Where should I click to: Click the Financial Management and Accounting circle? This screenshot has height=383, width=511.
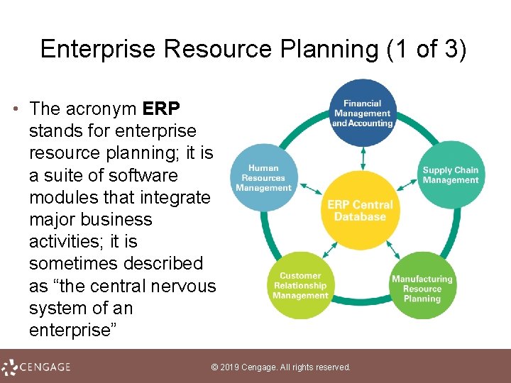pyautogui.click(x=363, y=113)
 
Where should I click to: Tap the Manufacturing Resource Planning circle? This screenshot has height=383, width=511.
pyautogui.click(x=422, y=286)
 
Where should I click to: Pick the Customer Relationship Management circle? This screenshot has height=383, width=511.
pyautogui.click(x=300, y=285)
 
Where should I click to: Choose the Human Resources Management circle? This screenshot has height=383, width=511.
pyautogui.click(x=263, y=178)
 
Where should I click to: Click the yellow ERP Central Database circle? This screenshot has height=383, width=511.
pyautogui.click(x=360, y=210)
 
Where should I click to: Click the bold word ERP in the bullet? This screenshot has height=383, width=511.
pyautogui.click(x=162, y=109)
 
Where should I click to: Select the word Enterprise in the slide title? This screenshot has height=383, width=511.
pyautogui.click(x=99, y=49)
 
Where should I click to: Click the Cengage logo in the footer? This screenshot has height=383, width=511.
pyautogui.click(x=36, y=367)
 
